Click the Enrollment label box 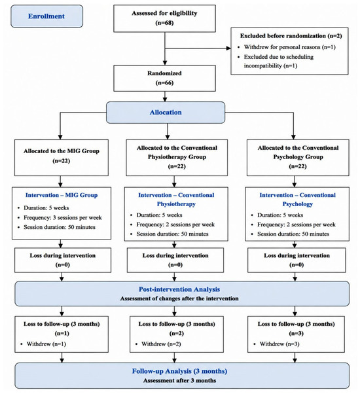click(46, 16)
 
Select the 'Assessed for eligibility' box click(164, 18)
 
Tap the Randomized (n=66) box click(164, 78)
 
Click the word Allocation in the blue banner click(166, 113)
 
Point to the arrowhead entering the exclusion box click(228, 48)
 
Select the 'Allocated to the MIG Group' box click(62, 158)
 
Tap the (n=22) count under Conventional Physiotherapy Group click(177, 166)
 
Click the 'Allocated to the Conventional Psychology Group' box click(298, 158)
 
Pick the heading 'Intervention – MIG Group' click(62, 195)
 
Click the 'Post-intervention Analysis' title click(179, 289)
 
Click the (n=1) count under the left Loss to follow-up click(62, 333)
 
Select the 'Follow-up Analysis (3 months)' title click(179, 371)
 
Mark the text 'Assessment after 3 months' click(179, 380)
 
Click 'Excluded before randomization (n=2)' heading click(291, 36)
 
